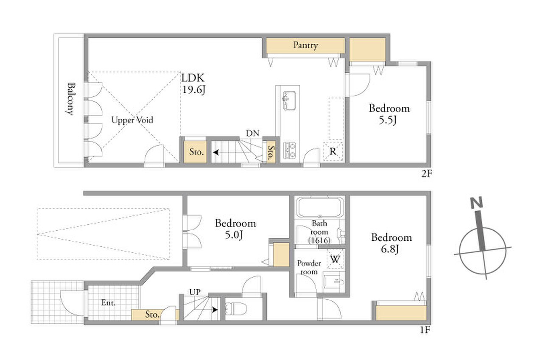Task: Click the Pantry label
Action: pos(305,45)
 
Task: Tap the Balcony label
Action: pos(71,99)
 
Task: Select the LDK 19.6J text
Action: pos(193,84)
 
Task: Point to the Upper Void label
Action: pos(132,120)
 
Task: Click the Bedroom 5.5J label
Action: pos(389,114)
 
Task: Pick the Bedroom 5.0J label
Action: pos(235,229)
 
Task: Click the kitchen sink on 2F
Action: pos(289,100)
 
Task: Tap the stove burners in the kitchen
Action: pos(290,150)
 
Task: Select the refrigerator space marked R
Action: pos(333,151)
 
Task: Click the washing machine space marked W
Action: pos(335,260)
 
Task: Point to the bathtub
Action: pos(320,207)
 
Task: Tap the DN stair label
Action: pos(252,133)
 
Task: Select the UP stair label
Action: pos(195,292)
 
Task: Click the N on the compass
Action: pos(476,203)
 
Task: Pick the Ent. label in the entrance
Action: pos(108,303)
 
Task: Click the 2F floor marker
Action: pos(427,173)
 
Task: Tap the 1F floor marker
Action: pos(425,330)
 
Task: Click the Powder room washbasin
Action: pos(334,282)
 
